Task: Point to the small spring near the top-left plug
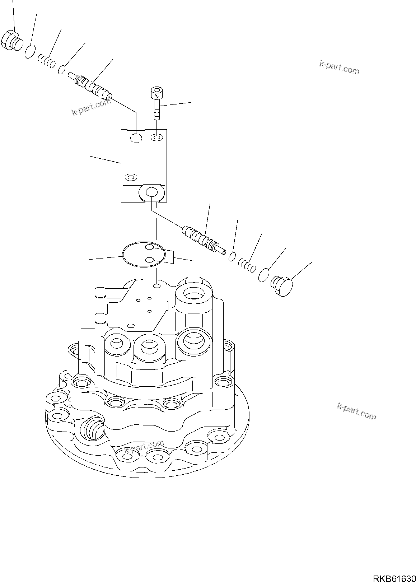click(x=47, y=61)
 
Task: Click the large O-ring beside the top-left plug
click(x=31, y=51)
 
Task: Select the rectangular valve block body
click(x=144, y=162)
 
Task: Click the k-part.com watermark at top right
click(x=339, y=67)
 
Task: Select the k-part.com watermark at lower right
click(x=356, y=411)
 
